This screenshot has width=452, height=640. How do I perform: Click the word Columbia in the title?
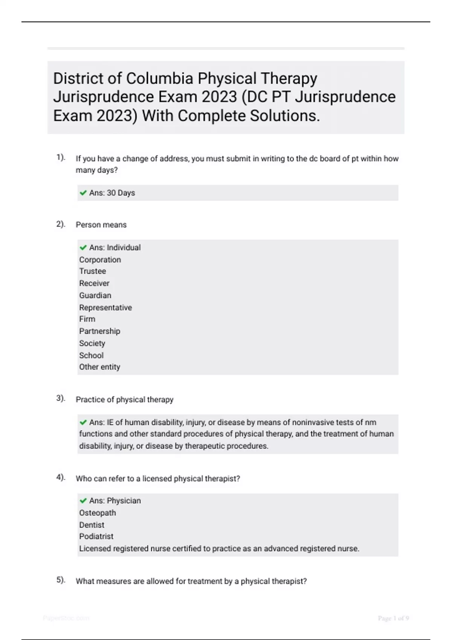pos(160,79)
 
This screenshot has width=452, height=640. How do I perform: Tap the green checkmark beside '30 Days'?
pos(83,193)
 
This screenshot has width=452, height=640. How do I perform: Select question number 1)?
pos(61,157)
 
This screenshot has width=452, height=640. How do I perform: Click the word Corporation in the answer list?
pos(100,260)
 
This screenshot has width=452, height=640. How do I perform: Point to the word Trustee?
pos(92,271)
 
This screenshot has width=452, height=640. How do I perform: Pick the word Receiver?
pos(94,283)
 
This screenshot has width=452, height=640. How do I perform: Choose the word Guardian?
pos(95,296)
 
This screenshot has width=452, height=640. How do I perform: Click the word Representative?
pos(105,308)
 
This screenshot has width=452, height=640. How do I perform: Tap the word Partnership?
pos(99,331)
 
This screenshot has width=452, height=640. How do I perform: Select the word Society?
pos(92,343)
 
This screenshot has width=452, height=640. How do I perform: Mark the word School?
pos(91,355)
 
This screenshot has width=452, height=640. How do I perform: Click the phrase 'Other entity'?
pos(99,367)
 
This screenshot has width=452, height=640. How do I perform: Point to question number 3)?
pos(61,398)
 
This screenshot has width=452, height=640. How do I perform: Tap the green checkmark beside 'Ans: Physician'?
pos(83,501)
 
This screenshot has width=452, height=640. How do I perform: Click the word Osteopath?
pos(97,513)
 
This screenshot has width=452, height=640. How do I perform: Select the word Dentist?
pos(92,525)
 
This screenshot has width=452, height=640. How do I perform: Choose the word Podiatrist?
pos(96,536)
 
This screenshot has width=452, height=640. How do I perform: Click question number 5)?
pos(61,580)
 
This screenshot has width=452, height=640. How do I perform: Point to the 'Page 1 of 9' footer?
pos(393,618)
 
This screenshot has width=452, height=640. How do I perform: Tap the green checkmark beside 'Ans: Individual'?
pos(83,248)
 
